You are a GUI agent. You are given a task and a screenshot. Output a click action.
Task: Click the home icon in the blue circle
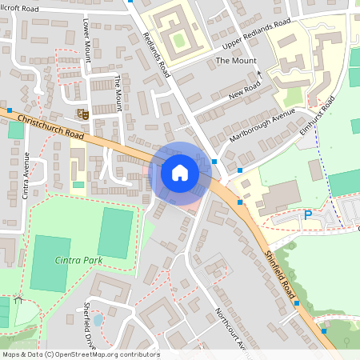180,173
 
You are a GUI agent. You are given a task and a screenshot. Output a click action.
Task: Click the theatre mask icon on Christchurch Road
82,114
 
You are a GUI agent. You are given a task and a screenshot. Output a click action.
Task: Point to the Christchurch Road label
47,126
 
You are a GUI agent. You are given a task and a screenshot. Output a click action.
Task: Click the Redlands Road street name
158,54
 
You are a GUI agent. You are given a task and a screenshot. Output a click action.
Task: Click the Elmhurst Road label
316,115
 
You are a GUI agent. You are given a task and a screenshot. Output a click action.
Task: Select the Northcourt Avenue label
231,328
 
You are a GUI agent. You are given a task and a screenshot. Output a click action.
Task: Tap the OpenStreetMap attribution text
80,354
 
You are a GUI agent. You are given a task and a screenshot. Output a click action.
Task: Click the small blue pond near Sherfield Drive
98,320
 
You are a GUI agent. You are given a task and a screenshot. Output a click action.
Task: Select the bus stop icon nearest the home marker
215,162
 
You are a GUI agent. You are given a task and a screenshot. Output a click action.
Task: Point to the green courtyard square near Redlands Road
178,38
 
